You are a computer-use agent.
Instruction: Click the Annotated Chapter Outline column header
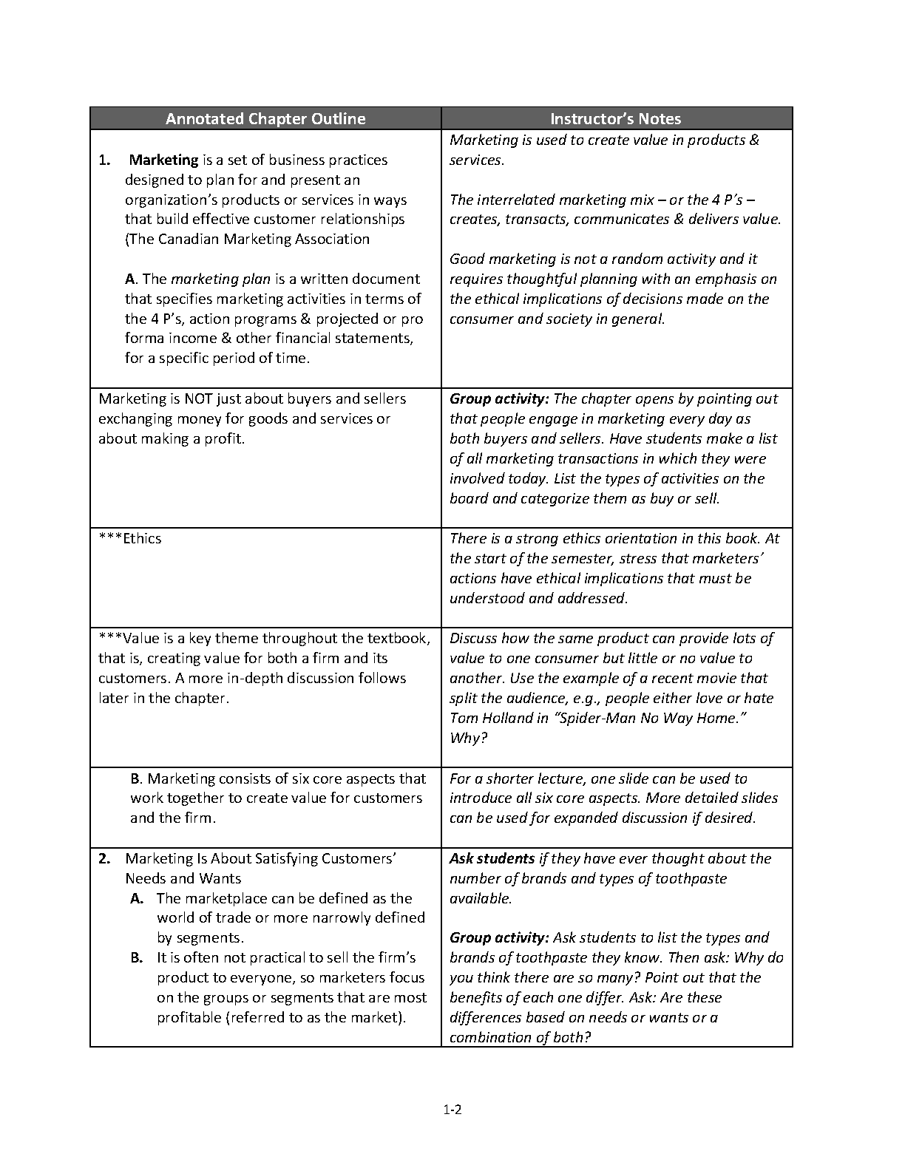265,119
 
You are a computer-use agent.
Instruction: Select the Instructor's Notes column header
616,119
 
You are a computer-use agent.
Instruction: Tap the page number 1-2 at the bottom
452,1108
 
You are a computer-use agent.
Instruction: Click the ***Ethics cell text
130,538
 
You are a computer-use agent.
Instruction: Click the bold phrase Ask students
492,858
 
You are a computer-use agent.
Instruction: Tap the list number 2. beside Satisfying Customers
104,858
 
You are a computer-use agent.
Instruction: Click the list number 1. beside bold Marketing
104,160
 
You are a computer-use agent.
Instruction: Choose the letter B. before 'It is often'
137,957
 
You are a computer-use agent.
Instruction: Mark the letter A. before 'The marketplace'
137,898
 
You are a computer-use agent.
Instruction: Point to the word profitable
189,1017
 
